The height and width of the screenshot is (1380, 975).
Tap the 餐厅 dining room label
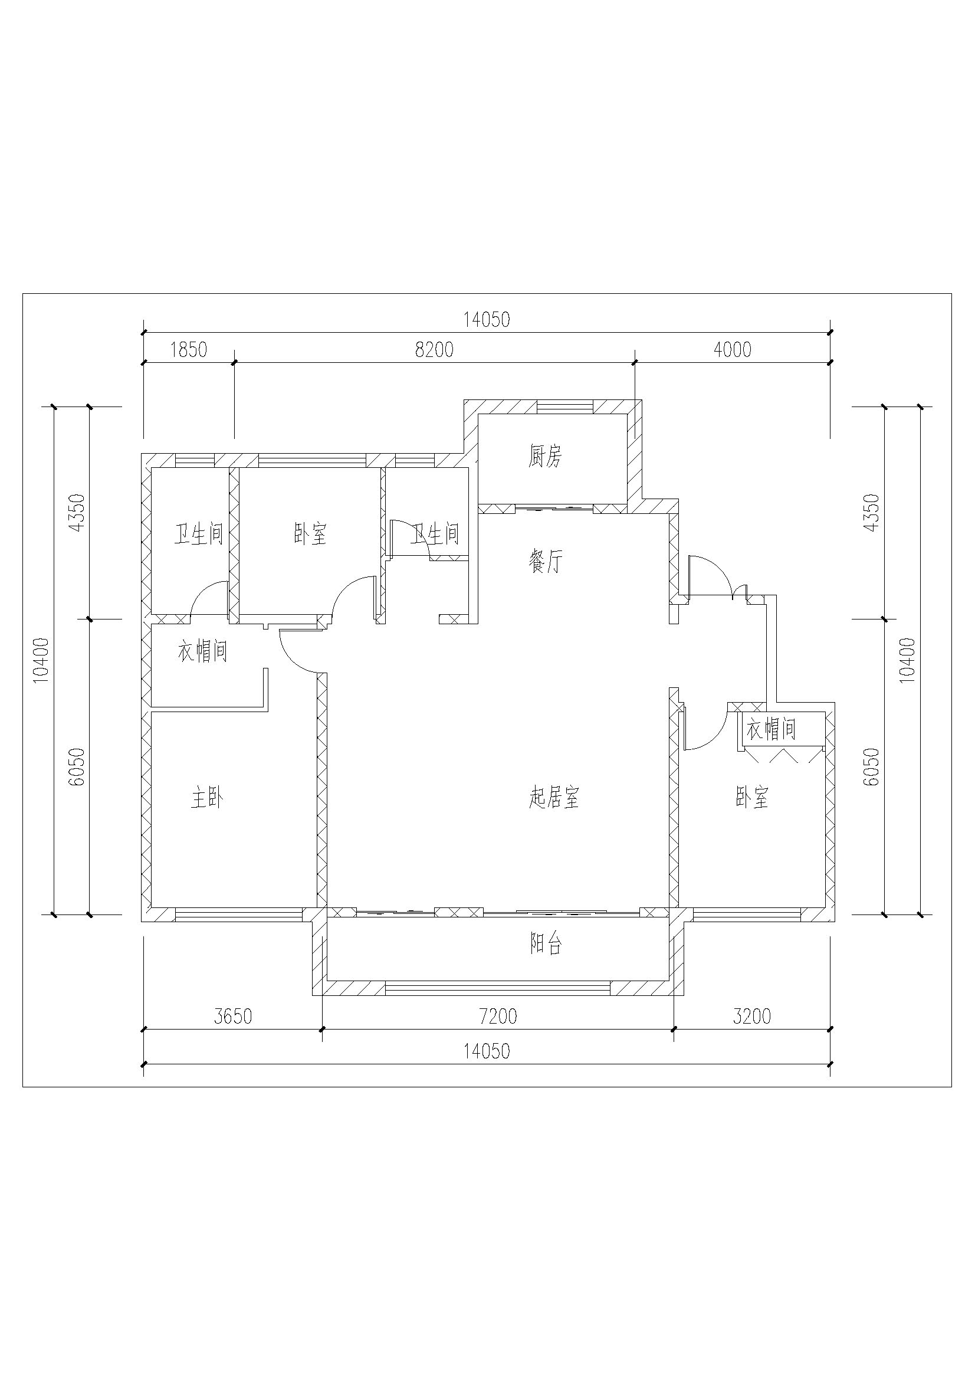[546, 563]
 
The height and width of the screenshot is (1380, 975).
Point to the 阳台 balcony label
[546, 945]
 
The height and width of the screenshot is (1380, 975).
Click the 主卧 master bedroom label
[207, 798]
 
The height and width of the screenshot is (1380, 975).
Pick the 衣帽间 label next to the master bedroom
[202, 651]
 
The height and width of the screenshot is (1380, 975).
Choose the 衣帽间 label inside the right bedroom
[772, 730]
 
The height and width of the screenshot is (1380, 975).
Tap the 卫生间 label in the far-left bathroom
[199, 534]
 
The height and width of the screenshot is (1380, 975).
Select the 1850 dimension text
[189, 349]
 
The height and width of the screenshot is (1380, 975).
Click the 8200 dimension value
[434, 349]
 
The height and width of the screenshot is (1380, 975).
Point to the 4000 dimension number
[733, 349]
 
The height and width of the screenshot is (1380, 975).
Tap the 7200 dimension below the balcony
[498, 1017]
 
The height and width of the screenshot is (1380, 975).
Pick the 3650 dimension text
[233, 1017]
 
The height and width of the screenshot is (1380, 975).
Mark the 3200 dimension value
[752, 1017]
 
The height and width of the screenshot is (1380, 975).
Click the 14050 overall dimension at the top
[487, 319]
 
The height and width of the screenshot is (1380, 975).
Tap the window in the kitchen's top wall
[564, 407]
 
